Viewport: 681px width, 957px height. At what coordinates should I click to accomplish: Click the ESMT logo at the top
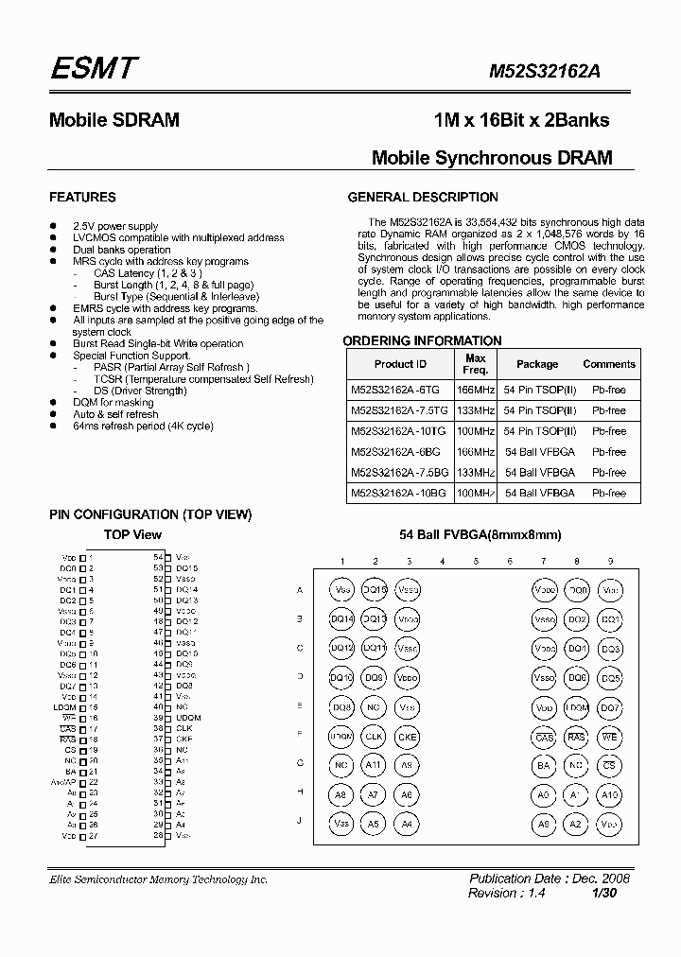(x=94, y=68)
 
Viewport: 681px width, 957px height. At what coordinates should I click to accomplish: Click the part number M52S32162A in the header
(x=555, y=71)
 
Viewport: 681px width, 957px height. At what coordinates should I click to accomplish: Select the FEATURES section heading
(x=82, y=198)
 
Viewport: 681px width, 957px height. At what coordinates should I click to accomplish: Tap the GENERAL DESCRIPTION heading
(x=423, y=198)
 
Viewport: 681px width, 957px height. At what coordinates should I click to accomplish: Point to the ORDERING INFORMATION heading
(x=422, y=340)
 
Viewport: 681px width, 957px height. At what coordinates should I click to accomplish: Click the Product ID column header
(x=400, y=364)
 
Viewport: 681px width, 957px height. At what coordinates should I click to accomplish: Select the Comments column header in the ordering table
(x=609, y=364)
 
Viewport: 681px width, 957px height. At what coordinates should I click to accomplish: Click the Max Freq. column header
(x=476, y=364)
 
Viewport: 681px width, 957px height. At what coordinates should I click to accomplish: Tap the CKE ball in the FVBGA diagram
(x=407, y=737)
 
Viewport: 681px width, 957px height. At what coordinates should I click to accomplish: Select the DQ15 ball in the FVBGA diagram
(x=375, y=590)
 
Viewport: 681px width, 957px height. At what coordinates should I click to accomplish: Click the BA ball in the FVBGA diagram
(x=544, y=766)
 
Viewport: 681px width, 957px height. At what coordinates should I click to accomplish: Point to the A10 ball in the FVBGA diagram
(x=610, y=795)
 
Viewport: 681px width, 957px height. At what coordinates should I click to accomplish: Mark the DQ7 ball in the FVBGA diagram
(x=610, y=707)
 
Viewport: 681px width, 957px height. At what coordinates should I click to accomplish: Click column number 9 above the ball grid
(x=610, y=562)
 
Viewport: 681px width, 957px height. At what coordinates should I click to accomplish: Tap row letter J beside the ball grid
(x=300, y=821)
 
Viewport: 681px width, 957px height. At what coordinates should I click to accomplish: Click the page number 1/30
(x=603, y=893)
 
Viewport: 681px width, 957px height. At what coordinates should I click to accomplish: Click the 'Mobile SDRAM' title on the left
(x=113, y=121)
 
